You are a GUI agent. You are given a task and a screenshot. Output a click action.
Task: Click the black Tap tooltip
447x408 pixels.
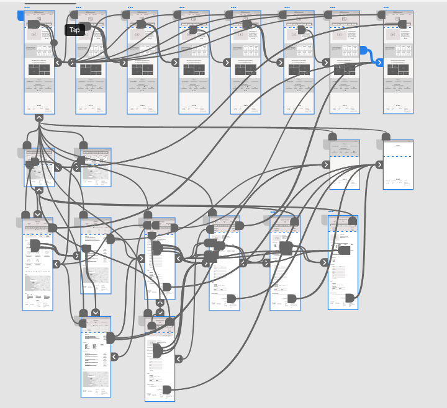[x=74, y=30]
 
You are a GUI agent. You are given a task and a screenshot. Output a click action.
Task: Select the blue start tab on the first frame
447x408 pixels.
[x=20, y=14]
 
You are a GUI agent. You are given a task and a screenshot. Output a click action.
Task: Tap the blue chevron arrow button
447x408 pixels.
[x=379, y=62]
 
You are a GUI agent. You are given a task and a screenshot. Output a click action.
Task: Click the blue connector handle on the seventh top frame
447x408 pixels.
[x=363, y=50]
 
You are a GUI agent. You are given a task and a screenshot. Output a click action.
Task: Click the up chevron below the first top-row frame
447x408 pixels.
[x=39, y=117]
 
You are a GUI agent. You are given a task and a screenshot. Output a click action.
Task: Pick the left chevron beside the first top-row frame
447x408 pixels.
[x=58, y=62]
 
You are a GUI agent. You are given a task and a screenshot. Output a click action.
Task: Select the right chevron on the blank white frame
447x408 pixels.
[x=379, y=165]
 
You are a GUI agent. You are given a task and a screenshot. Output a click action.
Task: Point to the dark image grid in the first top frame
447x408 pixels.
[x=38, y=69]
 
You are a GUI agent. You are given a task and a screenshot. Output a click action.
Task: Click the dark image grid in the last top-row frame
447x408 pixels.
[x=398, y=69]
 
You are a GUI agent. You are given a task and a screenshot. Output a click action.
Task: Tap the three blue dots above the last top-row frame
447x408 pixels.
[x=386, y=7]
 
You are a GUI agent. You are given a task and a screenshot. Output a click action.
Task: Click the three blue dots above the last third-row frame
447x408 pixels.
[x=331, y=211]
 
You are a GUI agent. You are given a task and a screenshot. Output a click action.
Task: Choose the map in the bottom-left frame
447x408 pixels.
[x=96, y=379]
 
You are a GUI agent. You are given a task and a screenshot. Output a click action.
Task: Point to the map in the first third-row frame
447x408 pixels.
[x=37, y=283]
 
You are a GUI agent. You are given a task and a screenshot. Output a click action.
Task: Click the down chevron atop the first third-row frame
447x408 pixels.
[x=38, y=215]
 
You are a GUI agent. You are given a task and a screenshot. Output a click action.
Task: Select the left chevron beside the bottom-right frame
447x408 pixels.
[x=178, y=358]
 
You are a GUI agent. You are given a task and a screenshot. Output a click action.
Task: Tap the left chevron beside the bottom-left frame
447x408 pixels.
[x=114, y=357]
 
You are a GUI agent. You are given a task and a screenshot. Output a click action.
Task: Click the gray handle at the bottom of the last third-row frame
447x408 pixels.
[x=350, y=298]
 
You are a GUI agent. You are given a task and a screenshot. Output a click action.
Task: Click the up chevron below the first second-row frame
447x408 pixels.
[x=38, y=190]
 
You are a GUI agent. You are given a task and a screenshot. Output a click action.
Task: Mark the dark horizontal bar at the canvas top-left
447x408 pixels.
[x=50, y=3]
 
